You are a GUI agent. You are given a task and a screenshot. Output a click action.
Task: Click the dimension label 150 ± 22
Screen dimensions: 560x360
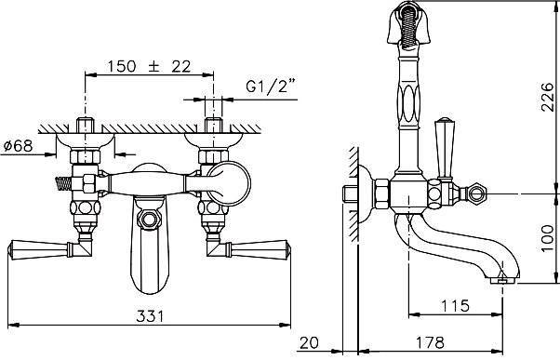pyautogui.click(x=149, y=66)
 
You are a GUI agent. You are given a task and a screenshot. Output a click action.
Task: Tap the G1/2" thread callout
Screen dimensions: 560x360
pyautogui.click(x=272, y=86)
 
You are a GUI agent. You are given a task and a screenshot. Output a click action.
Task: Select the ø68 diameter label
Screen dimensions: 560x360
pyautogui.click(x=18, y=146)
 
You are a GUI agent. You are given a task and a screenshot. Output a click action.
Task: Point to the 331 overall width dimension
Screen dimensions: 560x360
pyautogui.click(x=150, y=316)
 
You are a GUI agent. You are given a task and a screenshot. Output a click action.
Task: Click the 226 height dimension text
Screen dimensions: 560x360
pyautogui.click(x=547, y=97)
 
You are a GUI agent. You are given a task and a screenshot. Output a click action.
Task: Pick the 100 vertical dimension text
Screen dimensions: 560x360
pyautogui.click(x=547, y=238)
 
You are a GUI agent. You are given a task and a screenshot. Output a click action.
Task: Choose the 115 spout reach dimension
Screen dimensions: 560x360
pyautogui.click(x=455, y=306)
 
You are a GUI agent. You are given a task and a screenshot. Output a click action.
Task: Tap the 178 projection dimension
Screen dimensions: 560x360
pyautogui.click(x=430, y=342)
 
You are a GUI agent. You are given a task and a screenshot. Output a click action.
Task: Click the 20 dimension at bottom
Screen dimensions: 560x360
pyautogui.click(x=309, y=342)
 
